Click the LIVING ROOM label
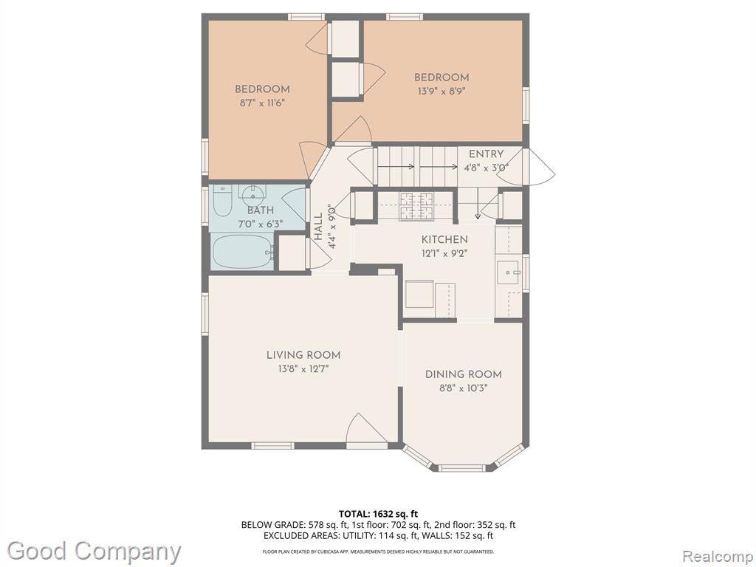point(303,355)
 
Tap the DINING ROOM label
point(464,374)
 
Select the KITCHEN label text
point(444,240)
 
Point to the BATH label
point(261,210)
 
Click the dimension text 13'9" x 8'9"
point(441,91)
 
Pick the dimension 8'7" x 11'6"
point(262,103)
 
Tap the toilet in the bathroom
point(222,200)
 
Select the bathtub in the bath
point(243,251)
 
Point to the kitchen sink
point(507,273)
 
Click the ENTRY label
point(486,154)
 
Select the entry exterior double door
point(526,166)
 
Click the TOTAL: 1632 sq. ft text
point(375,514)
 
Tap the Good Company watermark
point(94,551)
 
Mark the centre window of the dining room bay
point(462,467)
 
